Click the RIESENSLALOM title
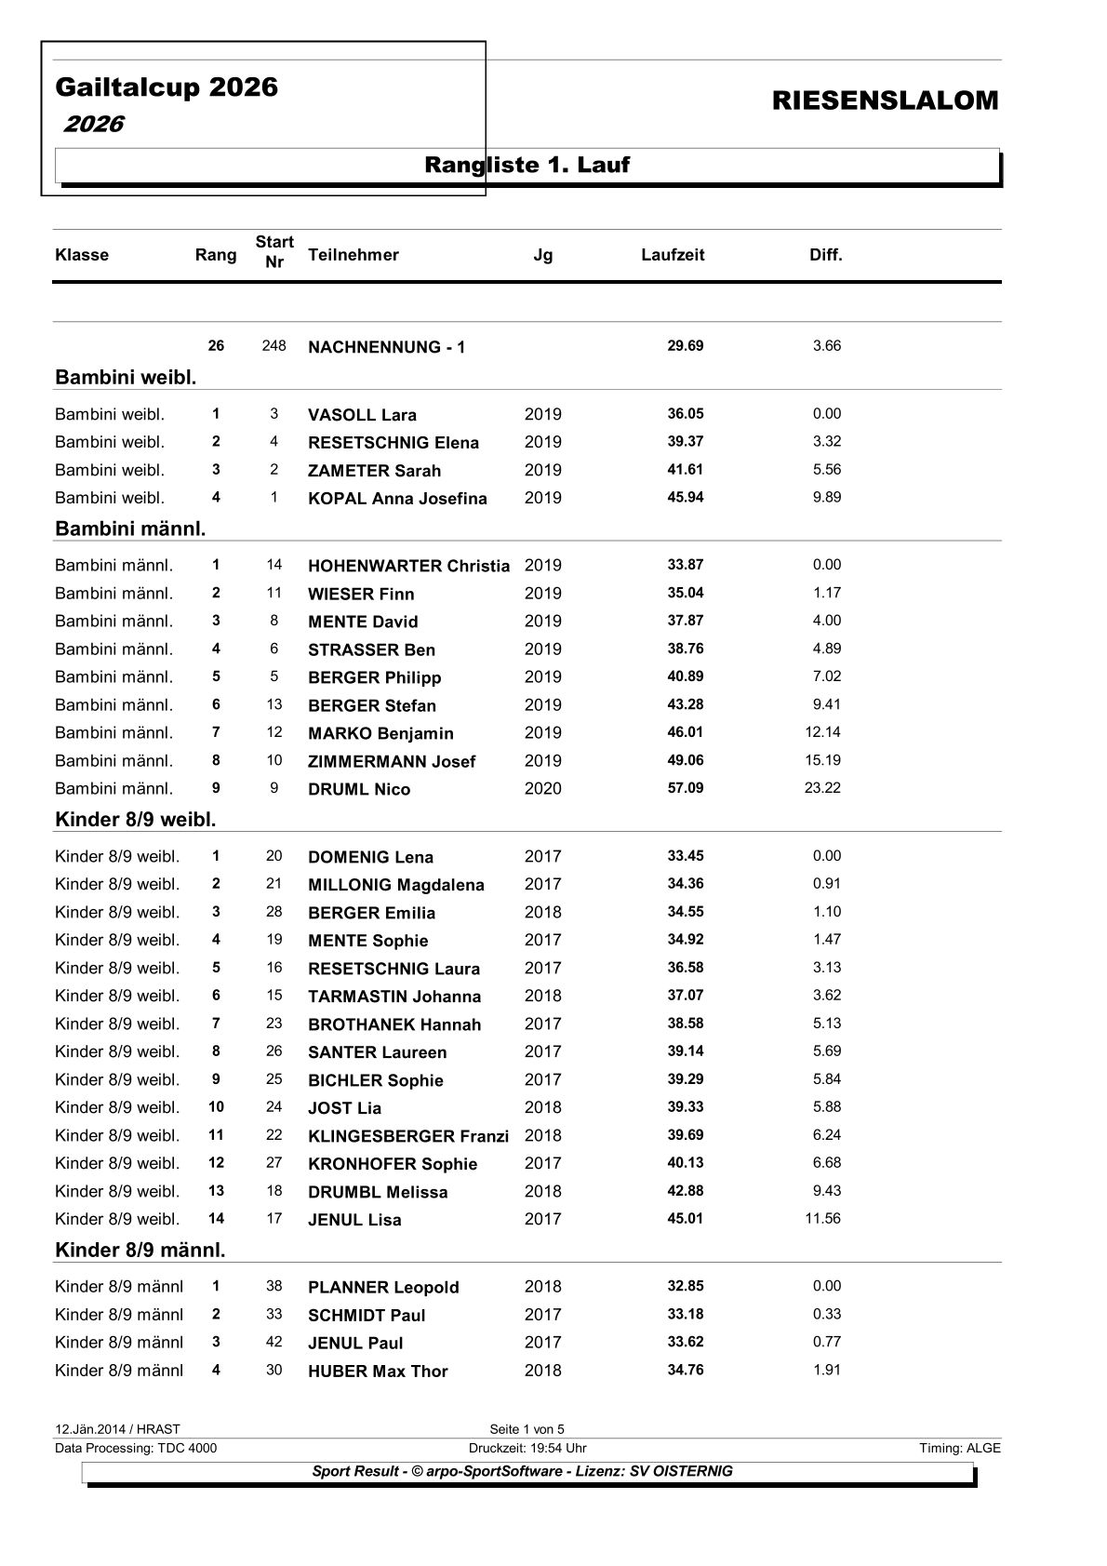[885, 101]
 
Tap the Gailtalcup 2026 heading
[167, 87]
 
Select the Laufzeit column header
[673, 255]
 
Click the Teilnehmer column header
[353, 255]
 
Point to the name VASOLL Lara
[362, 415]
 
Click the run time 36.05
[686, 414]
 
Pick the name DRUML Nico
[359, 789]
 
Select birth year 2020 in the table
[542, 789]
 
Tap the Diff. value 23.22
[822, 788]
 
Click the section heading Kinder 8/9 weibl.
[136, 820]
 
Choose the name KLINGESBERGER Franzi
[408, 1136]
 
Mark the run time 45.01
[686, 1218]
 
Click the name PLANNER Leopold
[383, 1288]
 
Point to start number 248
[273, 346]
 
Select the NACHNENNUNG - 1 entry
[386, 347]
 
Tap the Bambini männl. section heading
[130, 529]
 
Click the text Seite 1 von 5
[527, 1429]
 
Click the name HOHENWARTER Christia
[408, 566]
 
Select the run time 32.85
[686, 1286]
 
